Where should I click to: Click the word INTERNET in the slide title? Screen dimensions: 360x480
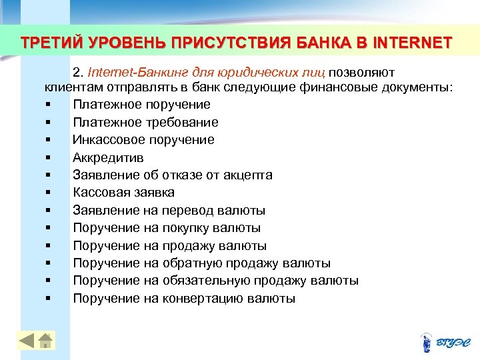click(x=414, y=44)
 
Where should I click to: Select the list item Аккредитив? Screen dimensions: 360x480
click(x=108, y=157)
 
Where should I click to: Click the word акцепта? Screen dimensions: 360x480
click(x=247, y=175)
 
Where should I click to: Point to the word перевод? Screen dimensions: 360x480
click(x=187, y=211)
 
